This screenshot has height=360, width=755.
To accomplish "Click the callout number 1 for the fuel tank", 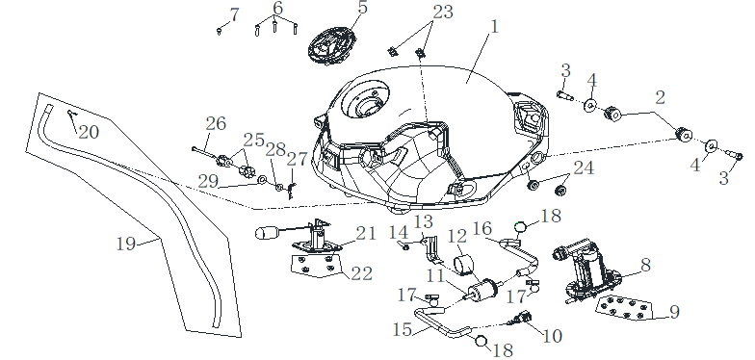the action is point(493,28).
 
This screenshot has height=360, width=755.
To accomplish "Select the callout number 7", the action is point(235,15).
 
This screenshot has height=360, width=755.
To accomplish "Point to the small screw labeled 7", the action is point(220,32).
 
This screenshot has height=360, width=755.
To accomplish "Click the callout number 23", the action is point(443,12).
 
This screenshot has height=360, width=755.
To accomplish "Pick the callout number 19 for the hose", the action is point(126,244).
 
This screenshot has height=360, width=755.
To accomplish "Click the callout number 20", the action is point(89,131).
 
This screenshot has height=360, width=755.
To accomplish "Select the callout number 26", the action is point(216,124).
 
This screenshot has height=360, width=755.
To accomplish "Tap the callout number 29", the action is point(208,182).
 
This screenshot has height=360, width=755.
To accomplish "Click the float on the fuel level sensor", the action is point(266,234).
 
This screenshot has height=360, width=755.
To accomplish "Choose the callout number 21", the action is point(366,234).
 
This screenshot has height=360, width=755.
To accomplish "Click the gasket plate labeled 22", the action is point(315,267).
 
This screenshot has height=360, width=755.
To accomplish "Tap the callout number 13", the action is point(424,222).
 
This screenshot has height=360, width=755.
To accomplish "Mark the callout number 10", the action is point(552,337).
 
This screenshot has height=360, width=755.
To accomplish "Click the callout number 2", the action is point(660,98).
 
